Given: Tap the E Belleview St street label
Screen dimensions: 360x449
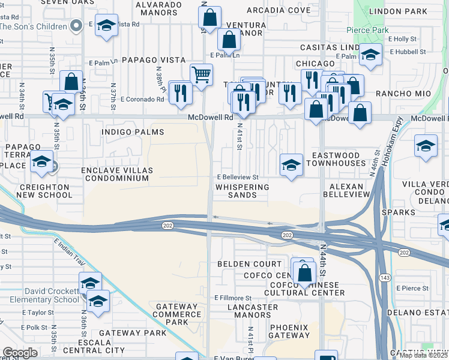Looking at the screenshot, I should pos(238,178).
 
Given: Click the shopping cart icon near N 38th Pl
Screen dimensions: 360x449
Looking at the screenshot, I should pos(201,74).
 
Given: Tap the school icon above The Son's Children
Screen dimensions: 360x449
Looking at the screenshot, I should pos(106,25).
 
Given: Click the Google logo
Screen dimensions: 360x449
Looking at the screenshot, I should pos(20,353).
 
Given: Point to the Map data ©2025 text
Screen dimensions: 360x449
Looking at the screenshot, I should pos(424,355).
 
